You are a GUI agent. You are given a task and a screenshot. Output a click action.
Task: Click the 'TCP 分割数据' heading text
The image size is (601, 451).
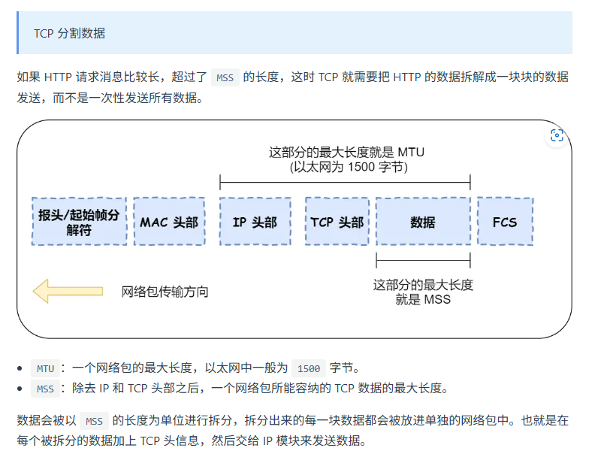[x=69, y=33]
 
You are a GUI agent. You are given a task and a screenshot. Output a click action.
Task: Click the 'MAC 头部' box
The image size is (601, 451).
[x=169, y=222]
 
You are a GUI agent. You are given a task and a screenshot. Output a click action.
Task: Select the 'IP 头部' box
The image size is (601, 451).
[x=255, y=222]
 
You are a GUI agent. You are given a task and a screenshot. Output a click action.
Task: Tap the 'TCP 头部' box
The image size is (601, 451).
[x=337, y=222]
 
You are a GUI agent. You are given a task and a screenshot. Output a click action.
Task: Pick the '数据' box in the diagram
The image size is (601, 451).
[x=423, y=222]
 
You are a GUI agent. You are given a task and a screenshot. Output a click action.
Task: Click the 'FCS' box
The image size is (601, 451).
[x=505, y=222]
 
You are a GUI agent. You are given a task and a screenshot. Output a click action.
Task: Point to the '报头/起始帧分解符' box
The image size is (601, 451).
[x=79, y=222]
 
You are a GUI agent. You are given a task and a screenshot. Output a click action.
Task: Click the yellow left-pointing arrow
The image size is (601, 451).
[x=68, y=291]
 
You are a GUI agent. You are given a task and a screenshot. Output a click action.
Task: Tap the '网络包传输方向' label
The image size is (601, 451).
[x=165, y=292]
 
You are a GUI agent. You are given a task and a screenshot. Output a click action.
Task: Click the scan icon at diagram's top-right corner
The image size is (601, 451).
[x=557, y=135]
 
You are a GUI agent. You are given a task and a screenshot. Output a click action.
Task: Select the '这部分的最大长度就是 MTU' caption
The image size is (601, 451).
[x=346, y=153]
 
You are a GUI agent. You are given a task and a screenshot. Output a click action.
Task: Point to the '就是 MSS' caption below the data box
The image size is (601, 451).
[x=423, y=299]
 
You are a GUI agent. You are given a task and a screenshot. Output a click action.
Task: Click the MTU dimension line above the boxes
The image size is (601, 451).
[x=345, y=181]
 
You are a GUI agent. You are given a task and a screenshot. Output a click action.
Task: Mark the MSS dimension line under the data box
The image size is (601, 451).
[x=423, y=261]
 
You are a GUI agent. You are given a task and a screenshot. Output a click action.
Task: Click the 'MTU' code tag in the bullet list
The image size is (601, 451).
[x=44, y=368]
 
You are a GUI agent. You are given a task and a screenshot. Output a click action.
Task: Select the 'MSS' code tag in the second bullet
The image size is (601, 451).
[x=45, y=389]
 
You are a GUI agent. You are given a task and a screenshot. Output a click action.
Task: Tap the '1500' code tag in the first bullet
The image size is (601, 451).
[x=309, y=368]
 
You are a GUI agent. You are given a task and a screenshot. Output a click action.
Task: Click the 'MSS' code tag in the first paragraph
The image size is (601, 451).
[x=225, y=77]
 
